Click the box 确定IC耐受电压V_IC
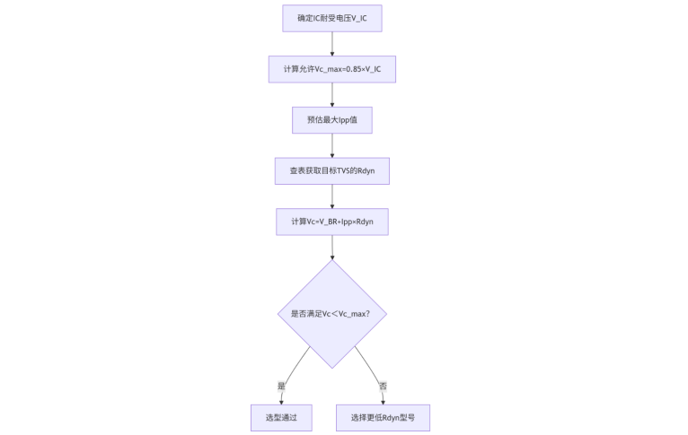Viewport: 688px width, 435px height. point(331,18)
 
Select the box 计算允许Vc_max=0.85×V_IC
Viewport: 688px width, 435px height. point(331,69)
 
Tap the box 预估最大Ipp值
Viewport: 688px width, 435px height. point(331,120)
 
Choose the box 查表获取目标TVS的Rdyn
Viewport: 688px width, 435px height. point(331,170)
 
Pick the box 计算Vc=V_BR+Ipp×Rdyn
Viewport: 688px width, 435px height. point(331,222)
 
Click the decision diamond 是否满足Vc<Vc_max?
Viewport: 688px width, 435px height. point(331,314)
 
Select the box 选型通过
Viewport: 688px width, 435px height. point(281,418)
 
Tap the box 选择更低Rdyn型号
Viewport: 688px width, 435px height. point(383,418)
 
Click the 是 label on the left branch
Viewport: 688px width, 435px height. point(281,386)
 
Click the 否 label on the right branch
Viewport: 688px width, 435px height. point(383,386)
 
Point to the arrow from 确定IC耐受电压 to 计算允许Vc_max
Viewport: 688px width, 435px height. point(331,43)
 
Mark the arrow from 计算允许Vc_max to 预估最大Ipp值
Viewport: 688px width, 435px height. point(331,94)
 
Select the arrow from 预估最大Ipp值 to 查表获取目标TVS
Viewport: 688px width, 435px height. point(331,145)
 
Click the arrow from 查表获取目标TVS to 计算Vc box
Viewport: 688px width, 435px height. point(331,196)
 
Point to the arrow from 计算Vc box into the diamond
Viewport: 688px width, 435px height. point(331,248)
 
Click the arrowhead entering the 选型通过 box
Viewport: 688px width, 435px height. point(281,401)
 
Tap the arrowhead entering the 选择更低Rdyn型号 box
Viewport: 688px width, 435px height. point(383,401)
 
